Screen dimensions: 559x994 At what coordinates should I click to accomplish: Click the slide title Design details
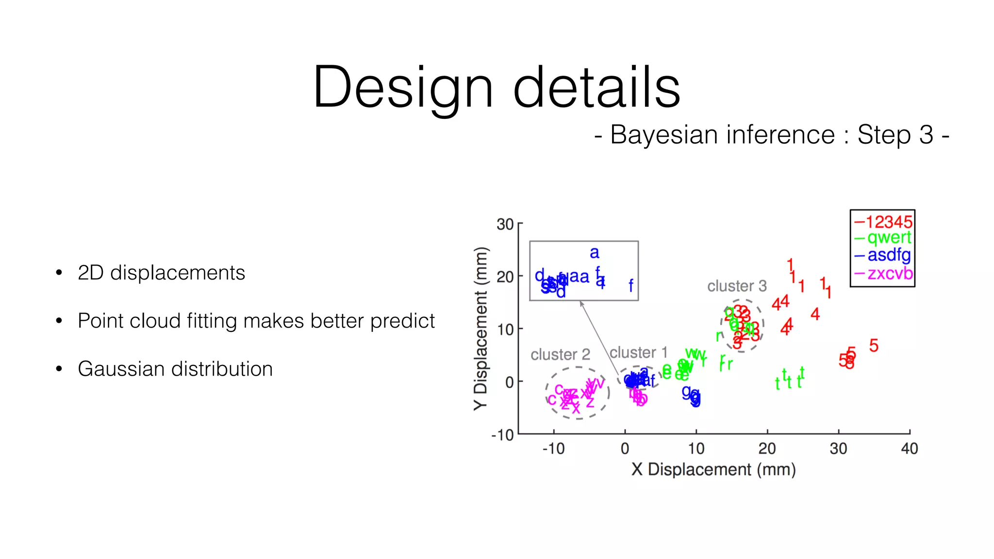click(x=496, y=87)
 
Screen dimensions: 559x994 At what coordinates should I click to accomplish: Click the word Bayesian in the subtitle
click(x=658, y=134)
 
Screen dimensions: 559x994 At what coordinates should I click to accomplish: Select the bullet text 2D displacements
click(x=161, y=273)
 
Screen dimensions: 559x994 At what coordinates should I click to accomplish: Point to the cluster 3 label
click(x=736, y=286)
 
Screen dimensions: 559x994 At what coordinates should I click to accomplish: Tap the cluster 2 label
click(x=560, y=354)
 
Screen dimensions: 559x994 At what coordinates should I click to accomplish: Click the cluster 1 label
click(x=638, y=352)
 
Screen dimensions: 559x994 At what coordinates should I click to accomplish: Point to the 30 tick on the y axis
click(x=505, y=224)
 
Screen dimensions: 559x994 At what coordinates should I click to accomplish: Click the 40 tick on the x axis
click(x=909, y=448)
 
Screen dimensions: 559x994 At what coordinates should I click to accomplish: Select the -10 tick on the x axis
click(x=553, y=448)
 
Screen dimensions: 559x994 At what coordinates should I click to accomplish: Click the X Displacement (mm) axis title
click(x=713, y=469)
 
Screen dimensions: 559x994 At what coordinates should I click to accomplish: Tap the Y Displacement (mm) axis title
click(x=480, y=329)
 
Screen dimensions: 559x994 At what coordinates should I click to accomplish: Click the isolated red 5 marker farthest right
click(x=874, y=345)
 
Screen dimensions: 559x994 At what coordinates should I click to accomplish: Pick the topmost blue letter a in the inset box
click(x=594, y=253)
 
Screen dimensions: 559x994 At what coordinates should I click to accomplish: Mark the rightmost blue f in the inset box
click(x=630, y=285)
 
